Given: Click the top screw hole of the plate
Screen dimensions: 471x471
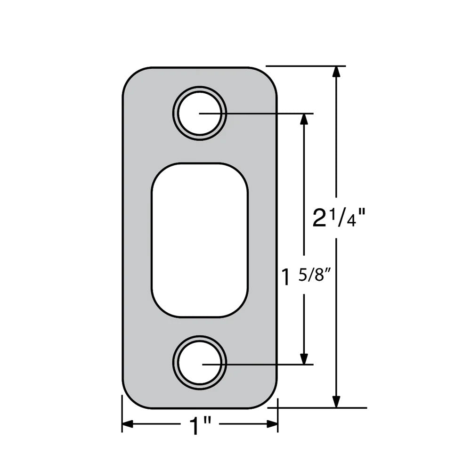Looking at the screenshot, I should (x=200, y=114).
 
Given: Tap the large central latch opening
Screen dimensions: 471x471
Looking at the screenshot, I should (x=199, y=240).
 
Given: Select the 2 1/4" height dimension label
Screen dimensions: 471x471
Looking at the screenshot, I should (x=339, y=218).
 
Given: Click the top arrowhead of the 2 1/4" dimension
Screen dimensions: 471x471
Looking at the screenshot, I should (x=336, y=72).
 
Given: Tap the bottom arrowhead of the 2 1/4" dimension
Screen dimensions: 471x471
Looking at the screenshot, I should (x=336, y=401).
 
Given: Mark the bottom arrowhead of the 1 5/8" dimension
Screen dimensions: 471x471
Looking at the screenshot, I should (x=304, y=358).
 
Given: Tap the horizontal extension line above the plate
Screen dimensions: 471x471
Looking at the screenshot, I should (x=306, y=66).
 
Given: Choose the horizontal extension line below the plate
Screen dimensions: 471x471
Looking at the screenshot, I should (x=320, y=408).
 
